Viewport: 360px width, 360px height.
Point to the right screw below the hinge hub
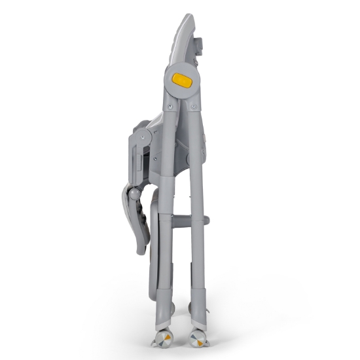tap(194, 105)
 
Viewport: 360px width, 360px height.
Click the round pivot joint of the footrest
tap(134, 194)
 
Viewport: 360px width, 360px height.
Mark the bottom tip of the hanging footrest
tap(140, 252)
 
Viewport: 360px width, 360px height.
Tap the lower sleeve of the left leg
tap(166, 301)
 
